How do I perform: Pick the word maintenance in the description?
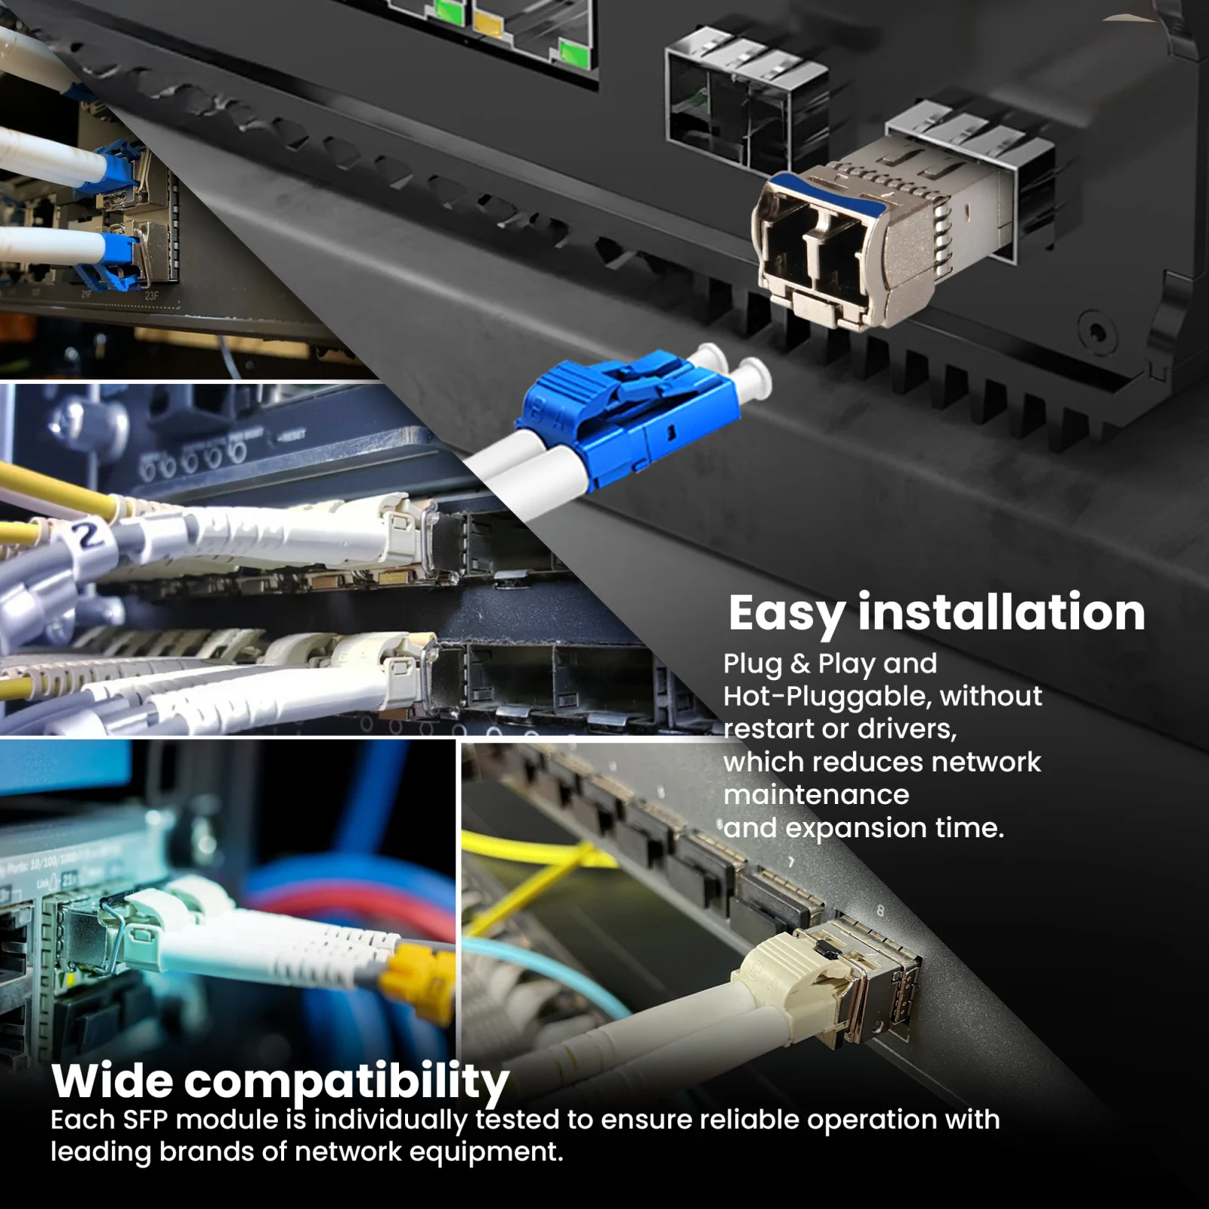pos(816,794)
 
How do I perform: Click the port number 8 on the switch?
pos(880,911)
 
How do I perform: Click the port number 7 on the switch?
pos(791,861)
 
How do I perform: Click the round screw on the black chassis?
pos(1096,330)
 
